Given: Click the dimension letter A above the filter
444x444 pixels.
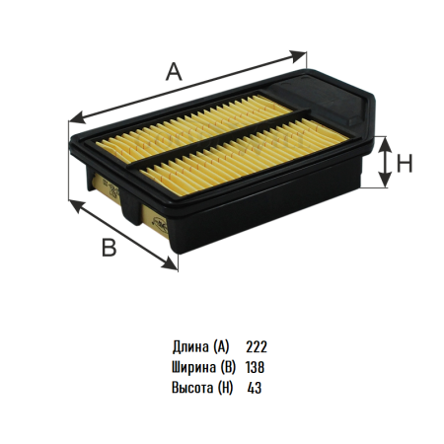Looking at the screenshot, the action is click(x=174, y=72).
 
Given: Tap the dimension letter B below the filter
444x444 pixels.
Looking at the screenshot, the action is click(x=110, y=248).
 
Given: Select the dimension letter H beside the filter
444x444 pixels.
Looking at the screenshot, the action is click(x=405, y=164).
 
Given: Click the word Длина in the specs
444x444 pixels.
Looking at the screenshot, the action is click(x=190, y=347).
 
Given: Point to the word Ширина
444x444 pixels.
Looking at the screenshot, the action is click(x=193, y=367).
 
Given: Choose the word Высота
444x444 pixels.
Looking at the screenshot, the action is click(x=192, y=388).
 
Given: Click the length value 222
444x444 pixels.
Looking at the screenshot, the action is click(x=257, y=347).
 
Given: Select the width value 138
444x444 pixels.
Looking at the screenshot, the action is click(x=255, y=367).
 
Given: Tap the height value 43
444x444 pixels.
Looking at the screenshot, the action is click(x=255, y=388).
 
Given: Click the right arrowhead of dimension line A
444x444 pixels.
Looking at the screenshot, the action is click(x=299, y=56).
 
